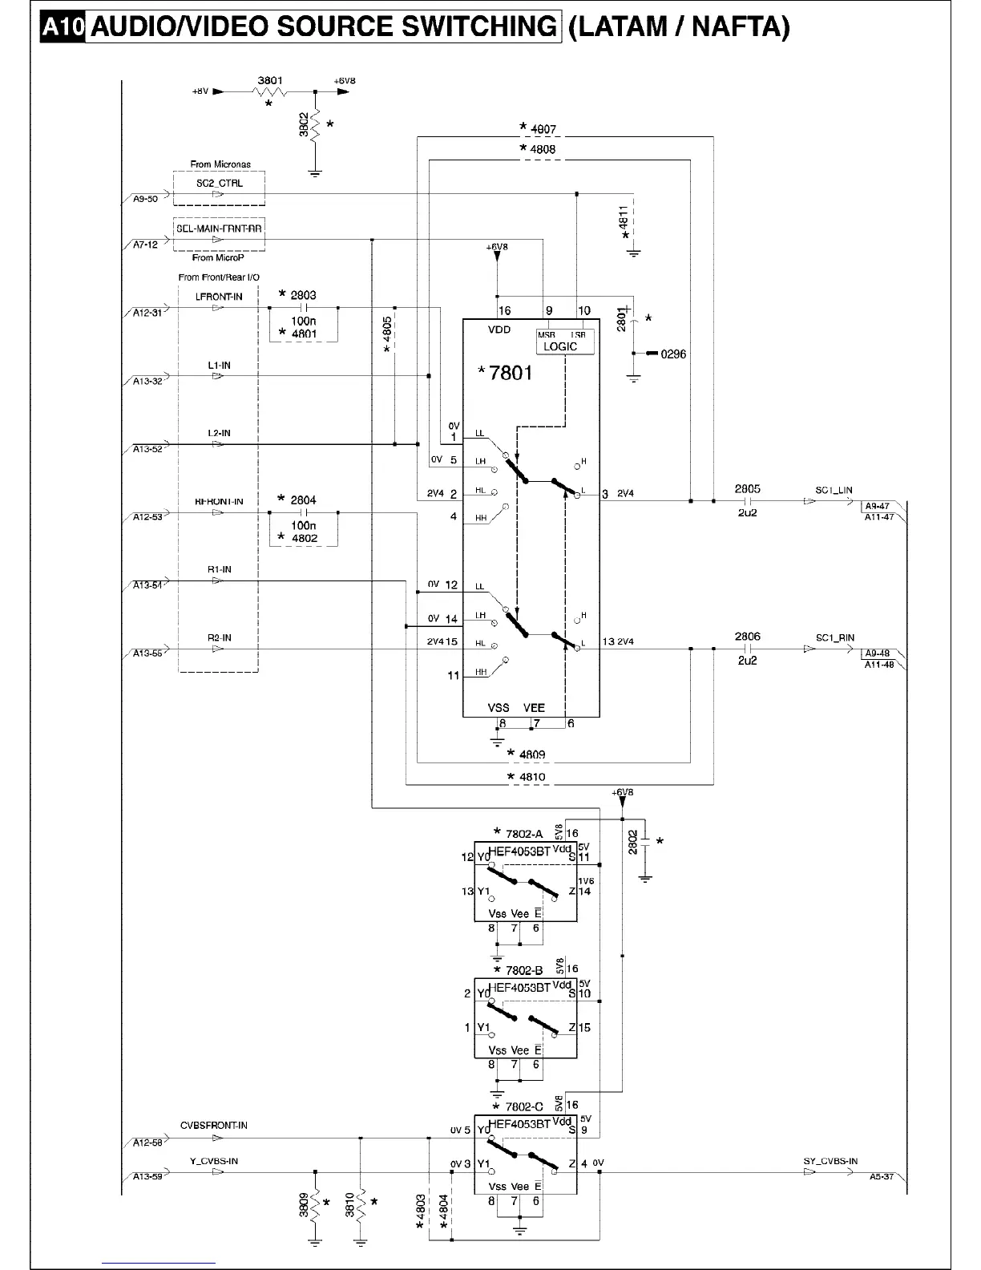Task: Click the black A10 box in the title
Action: (x=63, y=27)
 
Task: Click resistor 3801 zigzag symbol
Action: (x=268, y=92)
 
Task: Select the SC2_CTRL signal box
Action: (x=219, y=184)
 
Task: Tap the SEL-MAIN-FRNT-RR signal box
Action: (x=219, y=229)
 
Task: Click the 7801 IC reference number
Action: (x=510, y=372)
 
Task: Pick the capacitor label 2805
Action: (x=747, y=488)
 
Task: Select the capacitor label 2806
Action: (x=747, y=637)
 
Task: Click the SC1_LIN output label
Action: (x=834, y=490)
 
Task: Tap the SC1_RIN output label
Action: (x=834, y=638)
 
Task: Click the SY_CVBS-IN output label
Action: (x=830, y=1161)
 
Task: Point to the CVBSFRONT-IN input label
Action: (x=213, y=1125)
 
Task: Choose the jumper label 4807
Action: (x=543, y=128)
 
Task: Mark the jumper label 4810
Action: (x=531, y=776)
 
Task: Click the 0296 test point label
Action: (x=673, y=354)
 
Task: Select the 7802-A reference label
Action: (x=523, y=834)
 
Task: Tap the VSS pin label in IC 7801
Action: (x=499, y=708)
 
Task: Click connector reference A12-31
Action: (x=147, y=313)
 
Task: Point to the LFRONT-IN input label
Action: (x=219, y=297)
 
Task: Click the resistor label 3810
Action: (x=350, y=1205)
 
